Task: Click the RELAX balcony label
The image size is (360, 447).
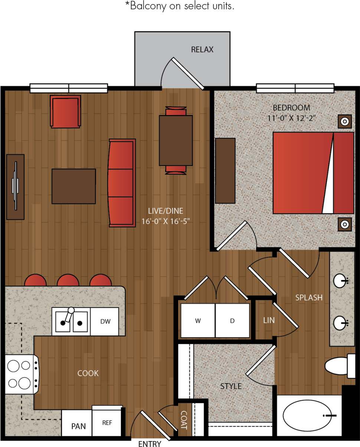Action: [202, 50]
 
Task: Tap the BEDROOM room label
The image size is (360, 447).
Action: [291, 108]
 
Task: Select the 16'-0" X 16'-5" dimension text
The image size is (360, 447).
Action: [166, 221]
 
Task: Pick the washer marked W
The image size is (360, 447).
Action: [198, 321]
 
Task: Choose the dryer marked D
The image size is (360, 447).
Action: [232, 321]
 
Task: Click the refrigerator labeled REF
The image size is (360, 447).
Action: [107, 423]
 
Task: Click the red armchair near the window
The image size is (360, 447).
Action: [66, 112]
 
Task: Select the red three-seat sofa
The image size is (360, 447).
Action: [122, 183]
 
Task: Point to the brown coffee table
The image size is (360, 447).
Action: [73, 186]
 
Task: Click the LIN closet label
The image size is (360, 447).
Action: [269, 320]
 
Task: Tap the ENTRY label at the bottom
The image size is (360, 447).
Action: [150, 444]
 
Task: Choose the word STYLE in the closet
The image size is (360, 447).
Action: [231, 386]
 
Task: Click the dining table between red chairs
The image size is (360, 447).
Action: [176, 140]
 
